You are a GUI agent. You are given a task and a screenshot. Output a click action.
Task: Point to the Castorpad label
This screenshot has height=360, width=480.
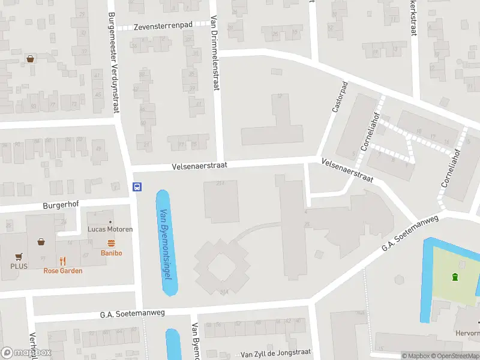pyautogui.click(x=340, y=98)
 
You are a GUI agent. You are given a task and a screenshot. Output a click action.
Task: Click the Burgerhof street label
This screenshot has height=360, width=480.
pyautogui.click(x=61, y=205)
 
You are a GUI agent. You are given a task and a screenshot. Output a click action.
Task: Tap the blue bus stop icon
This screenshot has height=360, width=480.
pyautogui.click(x=137, y=187)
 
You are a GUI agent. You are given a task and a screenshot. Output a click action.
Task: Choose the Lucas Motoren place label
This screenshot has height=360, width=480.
pyautogui.click(x=110, y=229)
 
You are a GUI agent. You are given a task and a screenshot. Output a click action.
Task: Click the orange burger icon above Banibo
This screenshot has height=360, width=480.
pyautogui.click(x=111, y=243)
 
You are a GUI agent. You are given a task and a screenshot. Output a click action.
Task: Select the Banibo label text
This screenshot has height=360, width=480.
pyautogui.click(x=111, y=253)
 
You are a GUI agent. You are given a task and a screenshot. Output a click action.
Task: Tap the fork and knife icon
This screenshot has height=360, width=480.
pyautogui.click(x=62, y=260)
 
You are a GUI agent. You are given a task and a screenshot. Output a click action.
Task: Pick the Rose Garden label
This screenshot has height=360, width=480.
pyautogui.click(x=63, y=271)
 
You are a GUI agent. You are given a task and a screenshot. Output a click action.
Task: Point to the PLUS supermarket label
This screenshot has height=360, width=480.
pyautogui.click(x=18, y=266)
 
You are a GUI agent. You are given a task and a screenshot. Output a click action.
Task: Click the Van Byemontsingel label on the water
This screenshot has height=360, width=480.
pyautogui.click(x=166, y=243)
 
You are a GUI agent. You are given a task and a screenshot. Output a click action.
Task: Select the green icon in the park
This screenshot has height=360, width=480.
pyautogui.click(x=455, y=277)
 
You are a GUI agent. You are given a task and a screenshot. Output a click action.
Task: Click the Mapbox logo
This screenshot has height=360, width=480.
pyautogui.click(x=26, y=353)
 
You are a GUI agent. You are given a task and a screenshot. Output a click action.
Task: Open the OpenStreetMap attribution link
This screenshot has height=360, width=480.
pyautogui.click(x=452, y=356)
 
